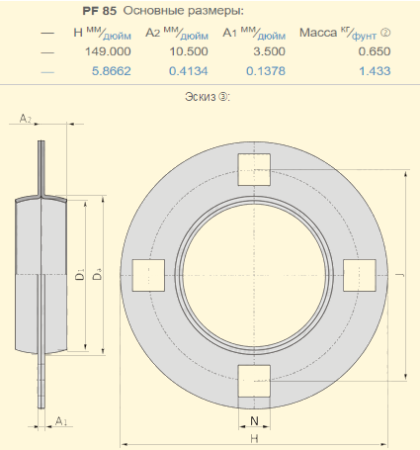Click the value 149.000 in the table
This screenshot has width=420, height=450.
point(108,51)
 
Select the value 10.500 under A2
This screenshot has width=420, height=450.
point(189,51)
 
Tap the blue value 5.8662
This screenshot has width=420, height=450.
point(112,71)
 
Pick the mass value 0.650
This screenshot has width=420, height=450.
point(375,51)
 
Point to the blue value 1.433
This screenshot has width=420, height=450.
point(375,71)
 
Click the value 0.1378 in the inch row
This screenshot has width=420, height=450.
point(266,71)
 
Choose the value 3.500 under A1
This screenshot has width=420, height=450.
point(269,51)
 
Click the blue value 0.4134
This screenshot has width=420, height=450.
point(189,71)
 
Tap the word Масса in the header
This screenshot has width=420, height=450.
point(318,33)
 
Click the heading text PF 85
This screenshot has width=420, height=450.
point(100,11)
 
